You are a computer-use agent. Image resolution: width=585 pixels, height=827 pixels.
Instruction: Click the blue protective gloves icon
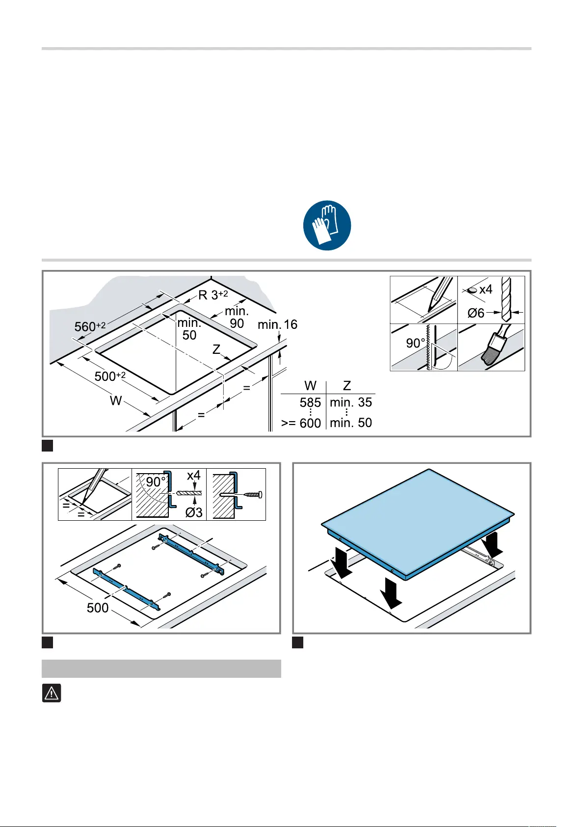(327, 225)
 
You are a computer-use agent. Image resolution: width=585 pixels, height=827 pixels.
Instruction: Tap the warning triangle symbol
(52, 693)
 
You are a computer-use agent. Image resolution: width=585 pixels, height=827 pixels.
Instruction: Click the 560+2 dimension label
(90, 326)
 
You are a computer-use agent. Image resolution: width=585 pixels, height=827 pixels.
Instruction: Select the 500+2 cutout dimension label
(110, 376)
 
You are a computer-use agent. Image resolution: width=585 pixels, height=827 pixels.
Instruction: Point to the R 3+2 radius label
(213, 294)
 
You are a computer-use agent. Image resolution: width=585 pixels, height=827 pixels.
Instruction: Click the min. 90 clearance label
(237, 317)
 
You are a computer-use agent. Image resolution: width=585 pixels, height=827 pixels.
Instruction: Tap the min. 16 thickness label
(278, 324)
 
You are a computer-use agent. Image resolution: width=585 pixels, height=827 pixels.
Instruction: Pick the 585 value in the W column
(310, 402)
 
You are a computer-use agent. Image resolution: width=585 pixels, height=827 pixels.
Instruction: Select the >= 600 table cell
(301, 423)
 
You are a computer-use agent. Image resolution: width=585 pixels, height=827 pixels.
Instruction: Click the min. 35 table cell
(350, 402)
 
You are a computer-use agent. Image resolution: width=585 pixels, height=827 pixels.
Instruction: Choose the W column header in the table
(310, 386)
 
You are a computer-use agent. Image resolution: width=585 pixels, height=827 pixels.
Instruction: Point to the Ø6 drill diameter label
(476, 313)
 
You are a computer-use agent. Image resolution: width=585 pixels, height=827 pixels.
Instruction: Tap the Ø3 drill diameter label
(194, 512)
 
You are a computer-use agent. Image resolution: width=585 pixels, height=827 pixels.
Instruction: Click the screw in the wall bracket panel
(252, 494)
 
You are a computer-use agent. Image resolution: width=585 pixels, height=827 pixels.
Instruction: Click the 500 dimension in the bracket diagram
(98, 608)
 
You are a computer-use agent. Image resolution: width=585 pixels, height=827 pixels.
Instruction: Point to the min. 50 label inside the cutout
(189, 329)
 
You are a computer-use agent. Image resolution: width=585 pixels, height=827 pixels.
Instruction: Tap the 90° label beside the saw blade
(415, 343)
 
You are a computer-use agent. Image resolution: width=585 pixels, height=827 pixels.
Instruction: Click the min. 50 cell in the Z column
(350, 423)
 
